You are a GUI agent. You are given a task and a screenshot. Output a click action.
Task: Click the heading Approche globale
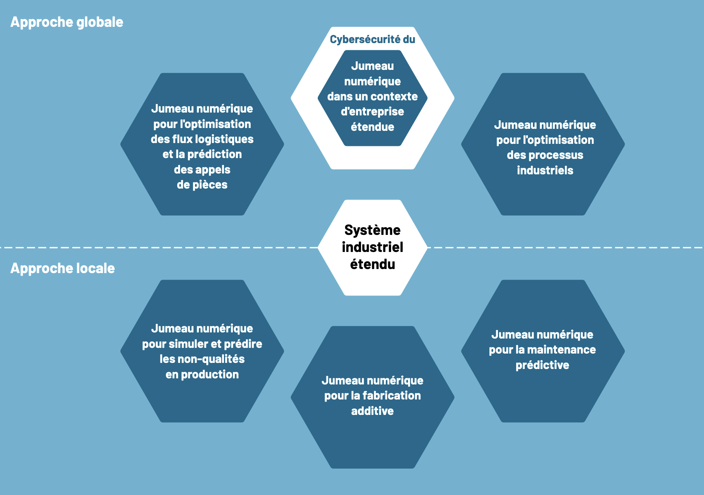[67, 22]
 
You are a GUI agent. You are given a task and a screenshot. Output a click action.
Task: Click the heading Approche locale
[63, 269]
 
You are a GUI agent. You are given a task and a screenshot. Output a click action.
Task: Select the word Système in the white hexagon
[372, 230]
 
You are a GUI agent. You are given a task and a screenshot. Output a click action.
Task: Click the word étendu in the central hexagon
[372, 265]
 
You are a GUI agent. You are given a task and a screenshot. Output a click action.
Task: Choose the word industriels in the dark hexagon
[545, 170]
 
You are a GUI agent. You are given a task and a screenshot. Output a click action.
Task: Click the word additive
[372, 411]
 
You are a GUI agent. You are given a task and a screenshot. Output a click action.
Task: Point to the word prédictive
[542, 365]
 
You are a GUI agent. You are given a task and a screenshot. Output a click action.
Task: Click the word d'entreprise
[372, 112]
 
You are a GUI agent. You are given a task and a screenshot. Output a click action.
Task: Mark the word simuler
[188, 344]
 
